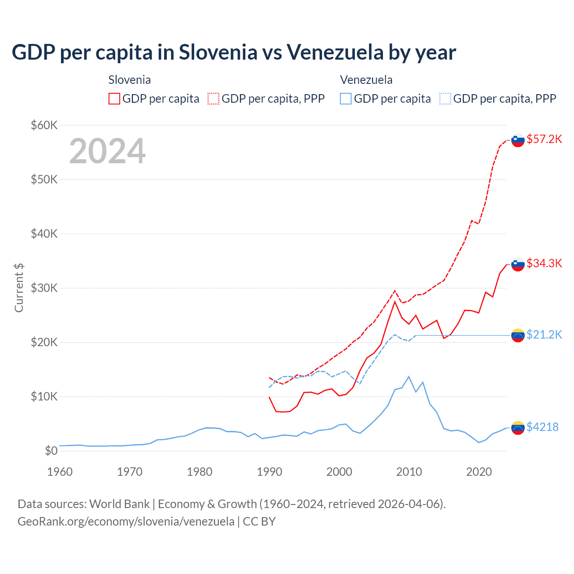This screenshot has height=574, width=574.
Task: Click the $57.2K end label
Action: click(x=544, y=139)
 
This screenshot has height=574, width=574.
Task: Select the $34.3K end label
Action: click(x=544, y=263)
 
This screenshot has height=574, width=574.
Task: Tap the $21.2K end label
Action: click(x=544, y=335)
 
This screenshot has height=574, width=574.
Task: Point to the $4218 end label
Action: click(x=542, y=427)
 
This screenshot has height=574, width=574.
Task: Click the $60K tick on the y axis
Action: click(x=44, y=125)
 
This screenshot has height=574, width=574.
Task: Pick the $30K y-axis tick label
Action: click(x=44, y=288)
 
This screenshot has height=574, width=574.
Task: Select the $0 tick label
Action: click(x=51, y=451)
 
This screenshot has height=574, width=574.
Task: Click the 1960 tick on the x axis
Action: click(x=60, y=472)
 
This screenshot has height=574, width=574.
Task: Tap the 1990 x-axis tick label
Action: click(x=270, y=472)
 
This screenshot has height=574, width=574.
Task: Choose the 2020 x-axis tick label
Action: click(x=479, y=472)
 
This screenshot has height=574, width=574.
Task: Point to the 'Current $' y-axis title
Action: click(x=19, y=288)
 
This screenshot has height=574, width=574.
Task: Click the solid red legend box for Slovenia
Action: click(x=114, y=99)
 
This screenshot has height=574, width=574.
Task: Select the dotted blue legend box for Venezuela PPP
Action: click(x=445, y=99)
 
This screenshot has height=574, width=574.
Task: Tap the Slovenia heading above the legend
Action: click(x=130, y=80)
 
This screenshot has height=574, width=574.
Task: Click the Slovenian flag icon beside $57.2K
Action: click(x=518, y=140)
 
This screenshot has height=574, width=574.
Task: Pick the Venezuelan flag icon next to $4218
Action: click(x=518, y=428)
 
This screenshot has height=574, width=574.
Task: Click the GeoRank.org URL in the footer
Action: click(x=126, y=522)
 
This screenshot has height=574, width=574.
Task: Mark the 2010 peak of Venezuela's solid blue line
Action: click(x=409, y=377)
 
